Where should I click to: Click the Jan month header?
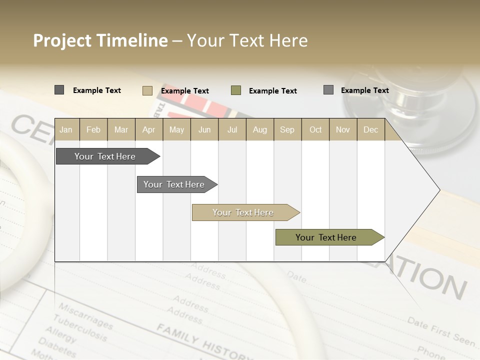pos(66,129)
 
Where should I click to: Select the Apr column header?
pos(148,129)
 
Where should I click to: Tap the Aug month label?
pos(259,129)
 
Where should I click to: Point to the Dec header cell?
pos(370,129)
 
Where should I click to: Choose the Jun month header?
pos(204,129)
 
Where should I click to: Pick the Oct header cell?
pos(315,129)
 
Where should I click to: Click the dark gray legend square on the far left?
pos(59,90)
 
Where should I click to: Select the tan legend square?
pos(147,90)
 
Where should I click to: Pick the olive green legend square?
pos(236,90)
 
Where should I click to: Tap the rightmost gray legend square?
pos(328,90)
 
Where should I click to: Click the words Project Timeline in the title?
pos(100,40)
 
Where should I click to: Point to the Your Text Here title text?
pos(247,40)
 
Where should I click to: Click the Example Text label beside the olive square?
pos(272,91)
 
